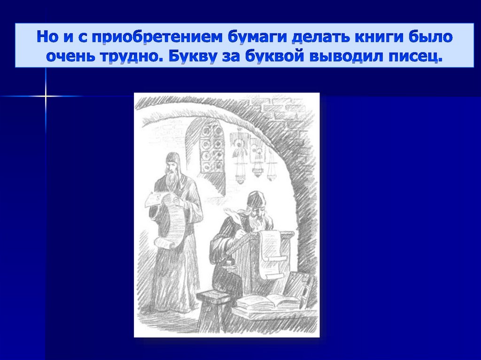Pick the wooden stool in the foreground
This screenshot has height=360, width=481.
point(212,310)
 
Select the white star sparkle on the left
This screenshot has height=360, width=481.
point(46,96)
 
